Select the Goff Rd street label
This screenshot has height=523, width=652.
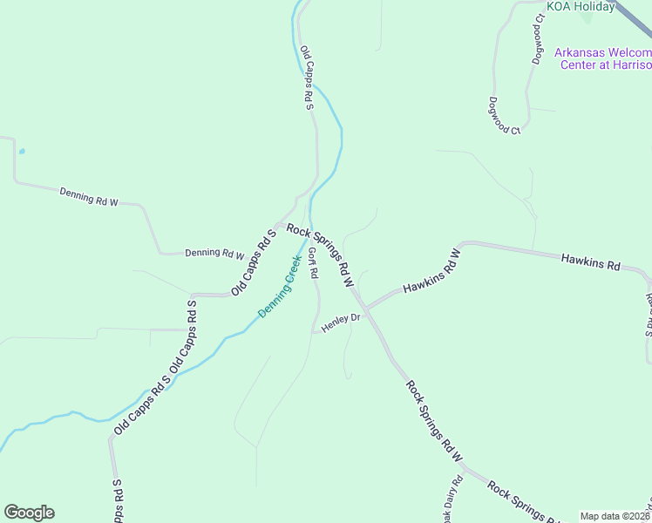pos(313,263)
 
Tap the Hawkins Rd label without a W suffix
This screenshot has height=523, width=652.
pos(590,261)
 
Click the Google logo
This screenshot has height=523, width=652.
pos(29,513)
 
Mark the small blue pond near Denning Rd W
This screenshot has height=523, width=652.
pos(21,151)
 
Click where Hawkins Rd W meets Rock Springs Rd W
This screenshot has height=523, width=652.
pos(366,309)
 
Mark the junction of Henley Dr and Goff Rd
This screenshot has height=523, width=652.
pos(314,330)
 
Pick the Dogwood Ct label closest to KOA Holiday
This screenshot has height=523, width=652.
pos(539,39)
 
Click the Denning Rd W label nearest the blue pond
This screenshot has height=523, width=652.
pos(88,196)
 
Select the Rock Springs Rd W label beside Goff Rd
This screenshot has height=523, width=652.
pos(320,256)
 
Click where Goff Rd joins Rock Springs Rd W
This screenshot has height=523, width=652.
pos(309,229)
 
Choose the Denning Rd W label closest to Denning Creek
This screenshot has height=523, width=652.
pos(215,254)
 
